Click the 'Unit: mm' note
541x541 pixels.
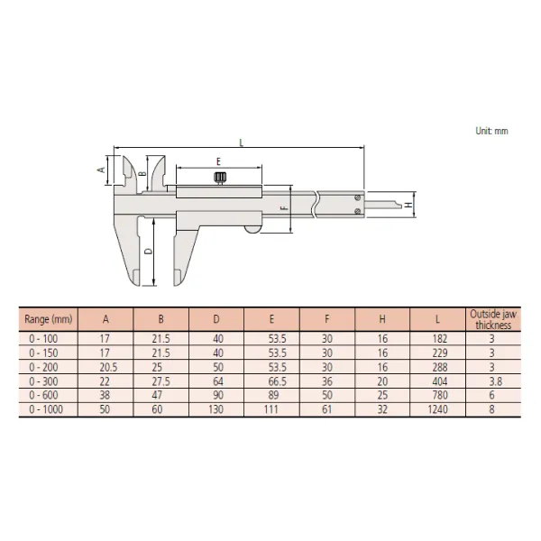click(491, 131)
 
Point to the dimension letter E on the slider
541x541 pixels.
click(218, 160)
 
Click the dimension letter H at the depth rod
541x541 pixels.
click(408, 206)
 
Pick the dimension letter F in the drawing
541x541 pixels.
click(284, 209)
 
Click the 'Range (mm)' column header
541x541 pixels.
click(48, 319)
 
